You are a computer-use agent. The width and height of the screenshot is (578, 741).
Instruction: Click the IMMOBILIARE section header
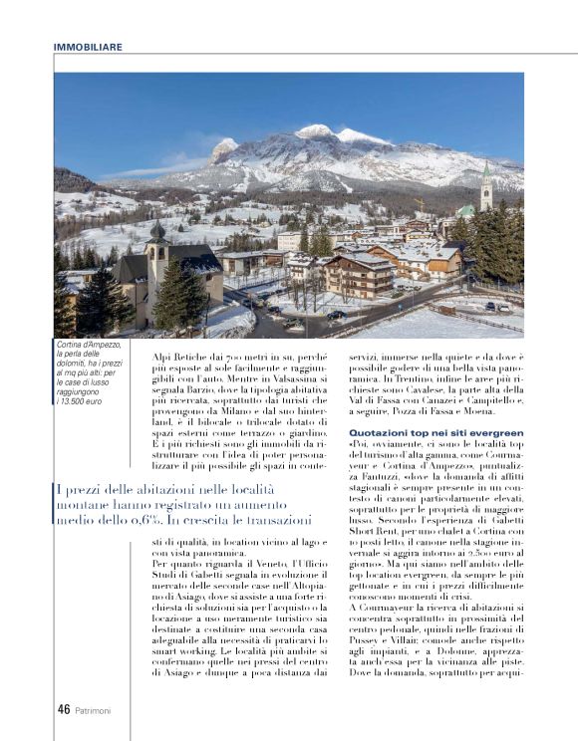[89, 46]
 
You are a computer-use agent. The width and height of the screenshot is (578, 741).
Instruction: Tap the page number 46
[62, 709]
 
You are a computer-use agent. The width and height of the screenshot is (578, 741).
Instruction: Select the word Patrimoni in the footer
[95, 710]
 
